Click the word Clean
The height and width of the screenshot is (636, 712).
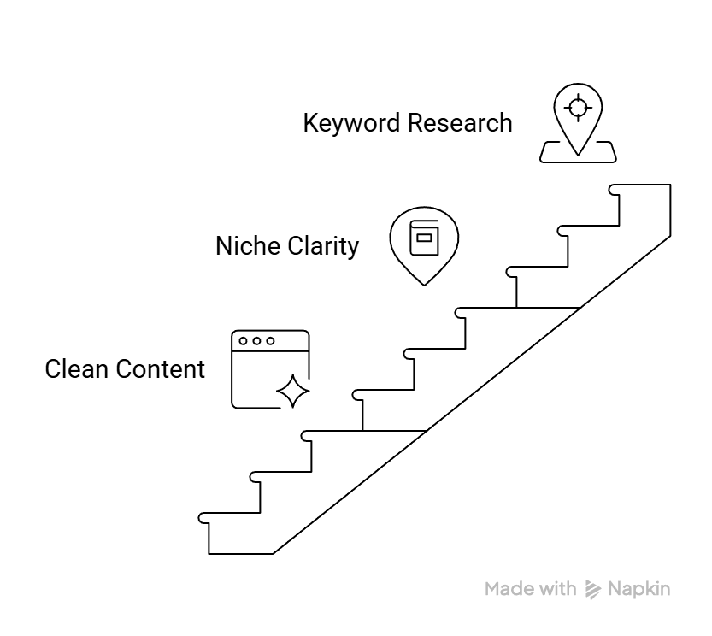pyautogui.click(x=76, y=369)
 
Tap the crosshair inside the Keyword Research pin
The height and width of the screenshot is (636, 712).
pyautogui.click(x=579, y=108)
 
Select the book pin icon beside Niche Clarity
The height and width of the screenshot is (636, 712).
pyautogui.click(x=424, y=244)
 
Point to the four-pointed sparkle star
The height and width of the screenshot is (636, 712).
pyautogui.click(x=293, y=392)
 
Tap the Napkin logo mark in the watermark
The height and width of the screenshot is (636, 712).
pyautogui.click(x=593, y=589)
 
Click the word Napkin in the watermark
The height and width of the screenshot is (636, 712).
pyautogui.click(x=639, y=589)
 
